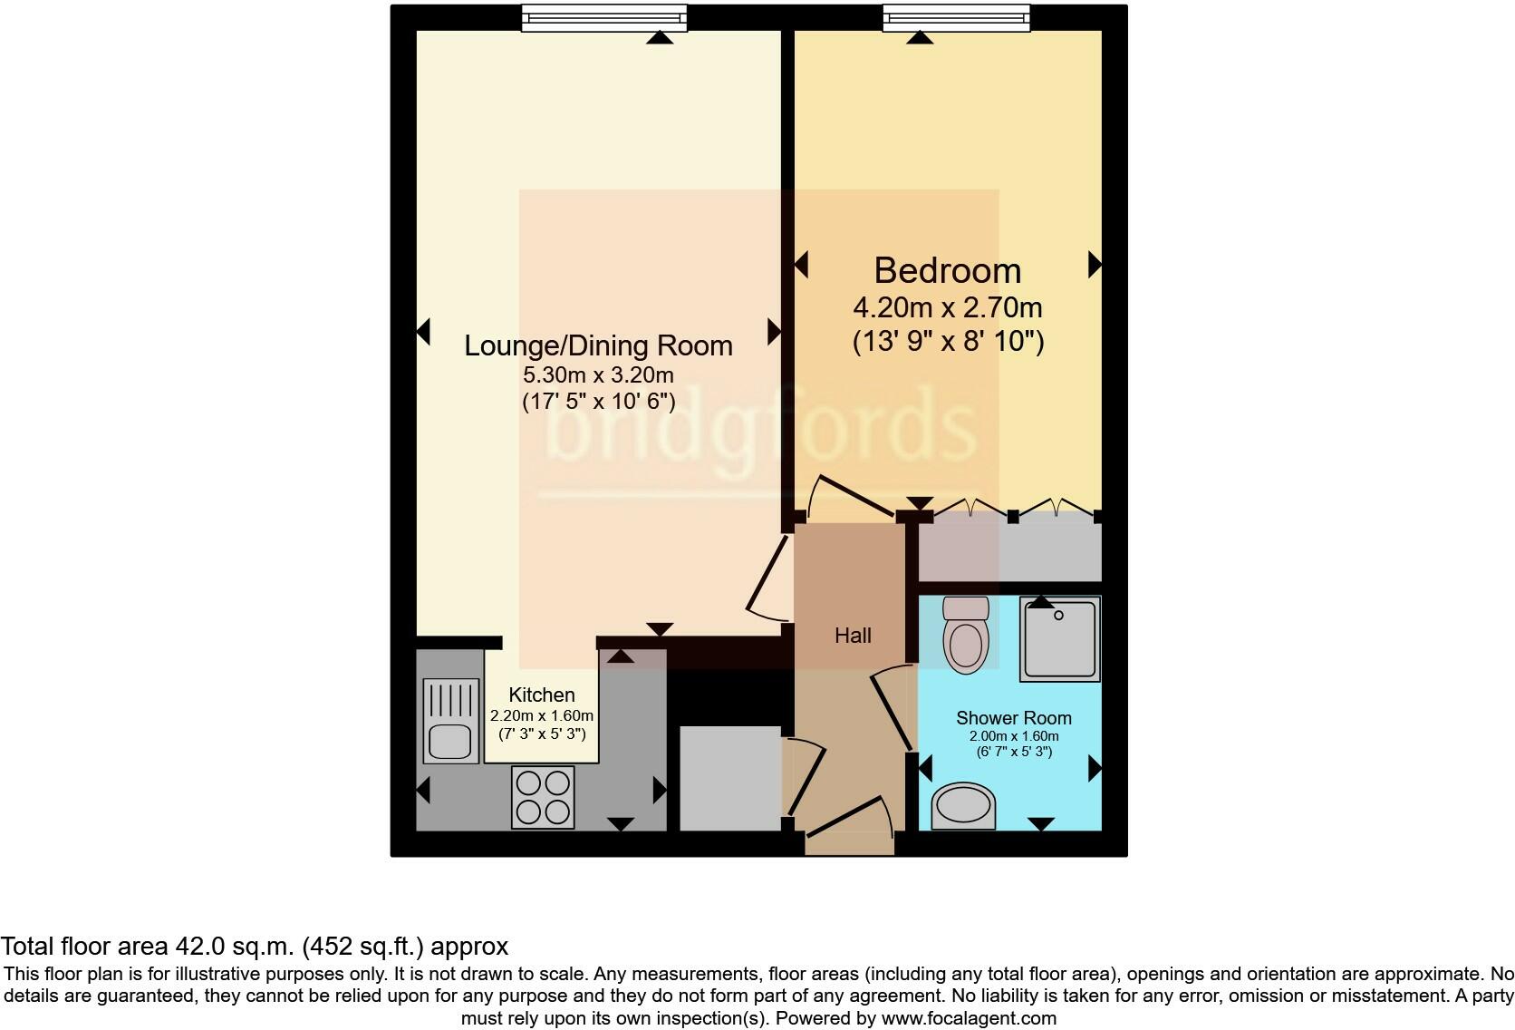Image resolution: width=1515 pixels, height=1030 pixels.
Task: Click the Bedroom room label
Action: (947, 271)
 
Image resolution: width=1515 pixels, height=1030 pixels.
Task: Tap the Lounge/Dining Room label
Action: (598, 345)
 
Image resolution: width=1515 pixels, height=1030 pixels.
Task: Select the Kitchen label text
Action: (542, 695)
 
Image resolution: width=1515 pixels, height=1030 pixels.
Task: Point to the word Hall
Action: (853, 636)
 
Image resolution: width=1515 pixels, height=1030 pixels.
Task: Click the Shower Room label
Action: (1013, 718)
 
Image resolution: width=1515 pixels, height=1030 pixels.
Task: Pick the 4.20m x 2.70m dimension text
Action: (947, 307)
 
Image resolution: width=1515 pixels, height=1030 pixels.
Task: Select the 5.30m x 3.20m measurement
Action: (598, 374)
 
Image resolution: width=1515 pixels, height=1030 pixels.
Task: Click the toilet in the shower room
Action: (965, 635)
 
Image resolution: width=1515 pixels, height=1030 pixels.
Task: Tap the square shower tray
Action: (1059, 638)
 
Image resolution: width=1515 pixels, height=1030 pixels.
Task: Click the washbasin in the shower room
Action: (963, 806)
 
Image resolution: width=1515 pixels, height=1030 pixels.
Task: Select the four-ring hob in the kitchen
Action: (543, 796)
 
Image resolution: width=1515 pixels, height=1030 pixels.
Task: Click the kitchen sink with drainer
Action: (450, 721)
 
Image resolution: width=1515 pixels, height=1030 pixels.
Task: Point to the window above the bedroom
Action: (956, 17)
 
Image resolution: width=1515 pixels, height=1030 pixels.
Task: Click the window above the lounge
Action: (604, 17)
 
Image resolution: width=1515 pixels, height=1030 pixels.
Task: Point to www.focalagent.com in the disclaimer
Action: (969, 1018)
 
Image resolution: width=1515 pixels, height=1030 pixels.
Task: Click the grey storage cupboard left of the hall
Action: (729, 777)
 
